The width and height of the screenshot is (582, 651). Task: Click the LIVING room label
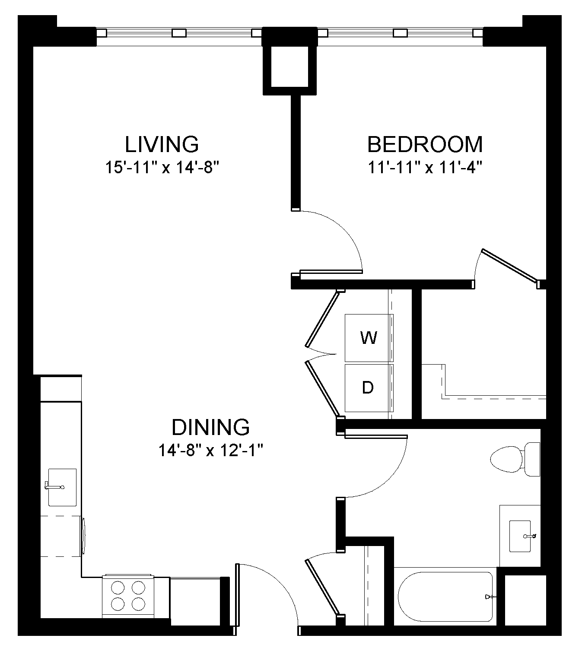click(162, 144)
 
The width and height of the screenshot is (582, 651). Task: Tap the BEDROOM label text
click(425, 144)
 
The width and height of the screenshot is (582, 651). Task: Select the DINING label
click(210, 427)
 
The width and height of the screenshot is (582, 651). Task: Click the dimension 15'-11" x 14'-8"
click(160, 167)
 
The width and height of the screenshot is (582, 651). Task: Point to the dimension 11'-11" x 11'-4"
click(425, 167)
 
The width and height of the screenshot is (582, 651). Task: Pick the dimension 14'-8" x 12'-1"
click(210, 451)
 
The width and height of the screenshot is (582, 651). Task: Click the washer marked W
click(369, 338)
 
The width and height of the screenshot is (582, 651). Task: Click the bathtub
click(445, 597)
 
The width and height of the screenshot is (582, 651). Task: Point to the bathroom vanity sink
click(520, 536)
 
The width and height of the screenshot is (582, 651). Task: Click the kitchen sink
click(62, 487)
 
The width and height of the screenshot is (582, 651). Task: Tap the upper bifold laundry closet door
click(321, 319)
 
